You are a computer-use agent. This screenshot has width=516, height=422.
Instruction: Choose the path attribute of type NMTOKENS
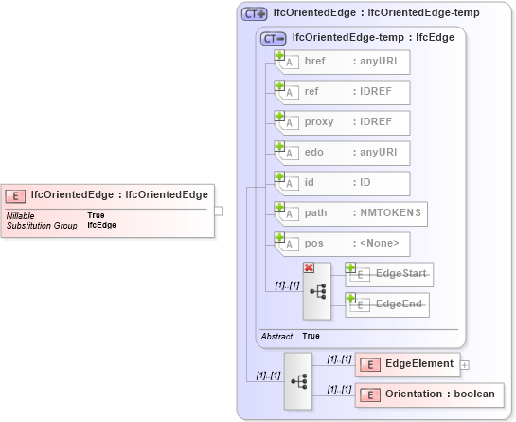point(350,213)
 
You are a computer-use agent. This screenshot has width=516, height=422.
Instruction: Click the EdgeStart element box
point(389,274)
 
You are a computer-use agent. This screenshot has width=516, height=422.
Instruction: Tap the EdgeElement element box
point(406,363)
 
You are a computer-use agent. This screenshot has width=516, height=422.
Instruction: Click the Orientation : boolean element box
point(429,394)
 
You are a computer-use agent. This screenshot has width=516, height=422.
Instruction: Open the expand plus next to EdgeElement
point(465,363)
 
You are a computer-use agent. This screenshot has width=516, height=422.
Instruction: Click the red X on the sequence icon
point(309,268)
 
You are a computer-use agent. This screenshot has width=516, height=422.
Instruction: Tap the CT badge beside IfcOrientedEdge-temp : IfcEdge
point(274,38)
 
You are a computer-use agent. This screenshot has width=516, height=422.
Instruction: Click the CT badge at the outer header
point(254,13)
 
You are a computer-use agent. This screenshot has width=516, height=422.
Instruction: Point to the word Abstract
point(276,336)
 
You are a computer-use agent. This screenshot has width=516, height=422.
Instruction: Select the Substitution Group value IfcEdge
point(101,226)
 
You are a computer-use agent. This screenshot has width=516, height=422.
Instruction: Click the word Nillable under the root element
point(21,215)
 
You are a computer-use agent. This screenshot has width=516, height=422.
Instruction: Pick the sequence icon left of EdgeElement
point(298,380)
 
